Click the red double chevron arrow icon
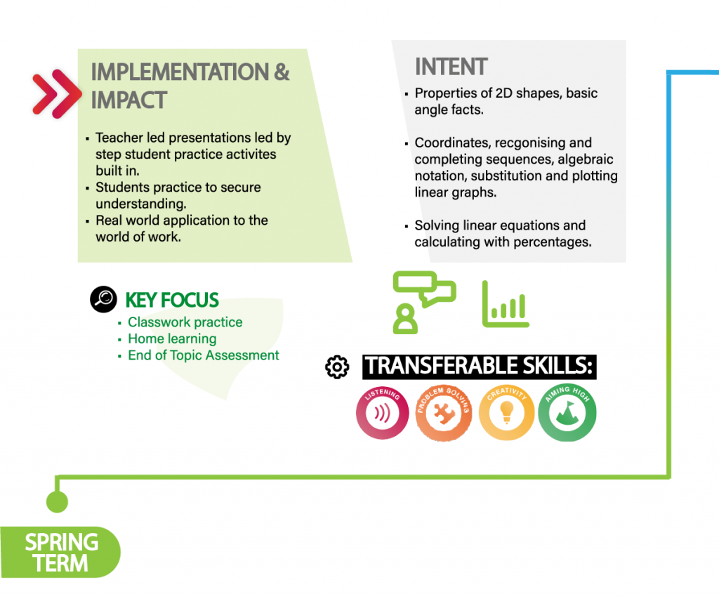click(57, 94)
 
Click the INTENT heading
click(451, 67)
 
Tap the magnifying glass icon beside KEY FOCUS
click(104, 299)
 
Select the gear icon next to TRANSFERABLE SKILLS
click(337, 367)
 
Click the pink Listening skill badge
click(383, 412)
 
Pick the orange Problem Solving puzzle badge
click(444, 413)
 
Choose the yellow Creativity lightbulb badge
click(506, 412)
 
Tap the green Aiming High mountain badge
click(567, 412)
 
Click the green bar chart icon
click(506, 304)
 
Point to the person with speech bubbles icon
click(424, 302)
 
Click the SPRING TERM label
click(60, 552)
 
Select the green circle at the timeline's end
click(58, 501)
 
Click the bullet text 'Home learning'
click(172, 339)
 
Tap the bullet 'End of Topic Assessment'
click(203, 355)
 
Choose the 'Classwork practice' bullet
click(185, 322)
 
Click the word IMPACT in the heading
click(129, 100)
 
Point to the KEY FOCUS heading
click(172, 300)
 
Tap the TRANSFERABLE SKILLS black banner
click(479, 367)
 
